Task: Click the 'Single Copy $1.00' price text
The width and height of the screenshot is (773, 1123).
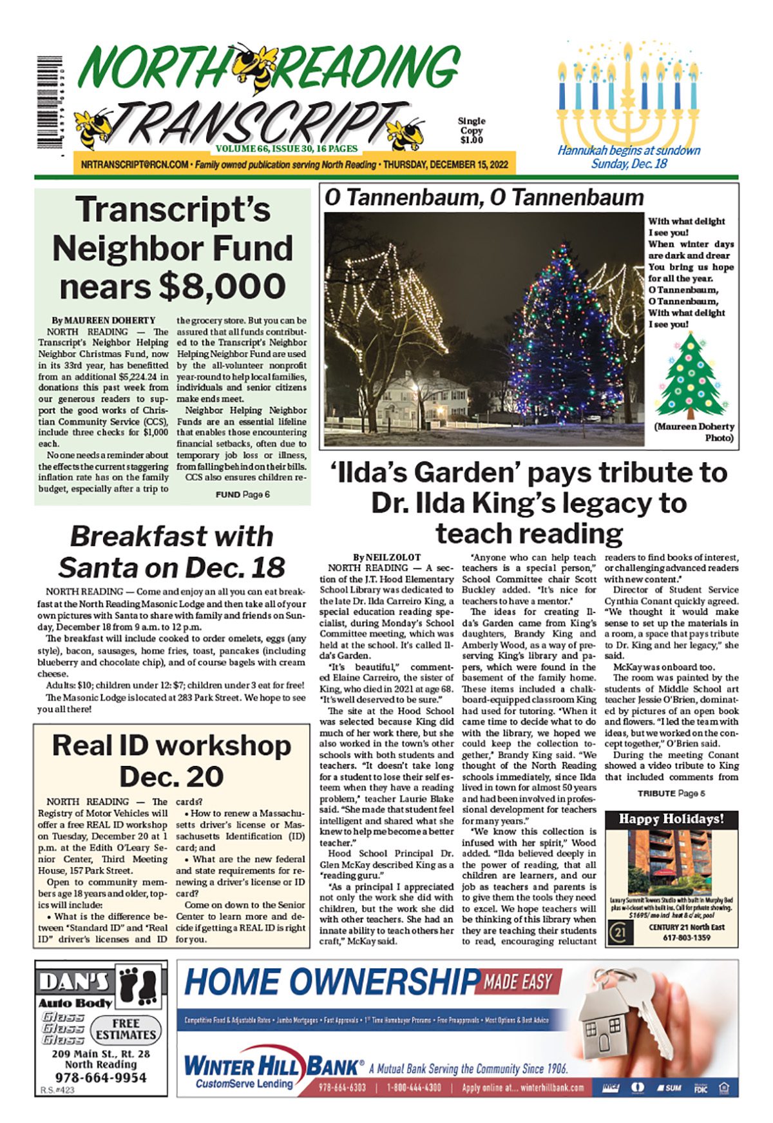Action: tap(472, 130)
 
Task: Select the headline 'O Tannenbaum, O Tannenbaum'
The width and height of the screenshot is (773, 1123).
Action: tap(484, 197)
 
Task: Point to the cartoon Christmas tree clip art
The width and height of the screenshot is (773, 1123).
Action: tap(691, 376)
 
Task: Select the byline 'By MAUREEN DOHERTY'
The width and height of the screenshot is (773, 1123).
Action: tap(104, 320)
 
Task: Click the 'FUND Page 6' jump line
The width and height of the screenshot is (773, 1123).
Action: tap(242, 494)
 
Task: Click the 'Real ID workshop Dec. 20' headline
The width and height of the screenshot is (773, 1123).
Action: tap(171, 761)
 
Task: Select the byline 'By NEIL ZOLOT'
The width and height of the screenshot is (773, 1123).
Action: tap(386, 557)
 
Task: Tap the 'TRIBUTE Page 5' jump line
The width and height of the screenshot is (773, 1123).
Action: tap(671, 793)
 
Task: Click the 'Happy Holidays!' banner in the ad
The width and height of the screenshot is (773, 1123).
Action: tap(671, 819)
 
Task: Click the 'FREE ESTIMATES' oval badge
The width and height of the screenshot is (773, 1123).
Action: tap(126, 1029)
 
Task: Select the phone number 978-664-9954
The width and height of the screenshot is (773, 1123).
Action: tap(100, 1077)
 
